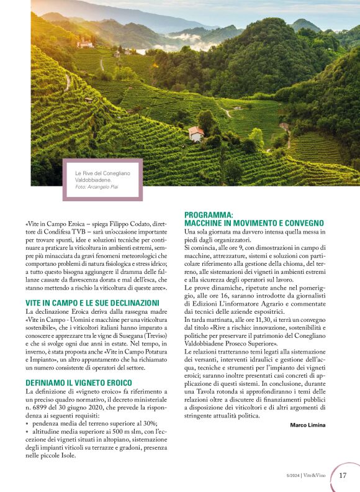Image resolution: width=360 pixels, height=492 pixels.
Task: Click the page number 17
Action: pos(343,476)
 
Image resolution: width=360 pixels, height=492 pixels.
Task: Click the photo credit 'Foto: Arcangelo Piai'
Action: pos(96,186)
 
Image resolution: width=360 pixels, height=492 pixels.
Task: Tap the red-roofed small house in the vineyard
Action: pos(196,133)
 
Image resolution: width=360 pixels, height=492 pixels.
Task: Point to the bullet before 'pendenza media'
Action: pos(27,423)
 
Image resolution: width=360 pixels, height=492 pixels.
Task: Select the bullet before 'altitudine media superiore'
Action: pos(27,431)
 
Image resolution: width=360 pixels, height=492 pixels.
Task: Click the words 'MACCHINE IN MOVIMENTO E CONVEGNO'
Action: pos(254,223)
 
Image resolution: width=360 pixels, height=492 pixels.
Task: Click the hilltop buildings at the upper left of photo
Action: pos(84,43)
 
